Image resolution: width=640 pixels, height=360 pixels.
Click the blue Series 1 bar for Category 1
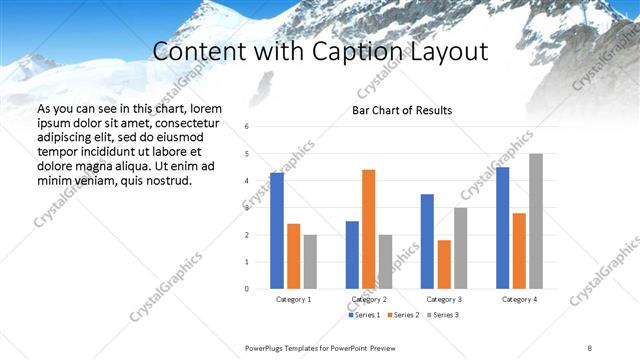point(277,231)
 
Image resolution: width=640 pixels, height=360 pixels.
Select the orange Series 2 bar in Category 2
point(368,229)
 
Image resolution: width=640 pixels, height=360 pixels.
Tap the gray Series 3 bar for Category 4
point(536,221)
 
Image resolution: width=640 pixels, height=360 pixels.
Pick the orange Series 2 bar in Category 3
point(444,264)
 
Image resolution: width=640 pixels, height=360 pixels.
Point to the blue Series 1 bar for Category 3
point(427,241)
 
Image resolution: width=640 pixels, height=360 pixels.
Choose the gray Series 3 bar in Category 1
point(310,262)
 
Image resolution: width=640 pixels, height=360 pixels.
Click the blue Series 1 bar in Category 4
point(502,228)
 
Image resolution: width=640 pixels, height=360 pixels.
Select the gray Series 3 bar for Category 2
point(385,262)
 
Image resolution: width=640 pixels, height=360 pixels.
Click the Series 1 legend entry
point(364,315)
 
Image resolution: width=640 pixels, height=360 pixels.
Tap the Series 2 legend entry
point(404,315)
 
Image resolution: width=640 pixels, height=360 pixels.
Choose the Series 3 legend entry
point(444,315)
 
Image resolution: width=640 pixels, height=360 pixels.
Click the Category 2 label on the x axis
point(369,299)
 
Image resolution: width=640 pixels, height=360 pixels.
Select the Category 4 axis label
point(519,299)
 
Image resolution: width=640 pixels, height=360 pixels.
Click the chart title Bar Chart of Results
point(402,110)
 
